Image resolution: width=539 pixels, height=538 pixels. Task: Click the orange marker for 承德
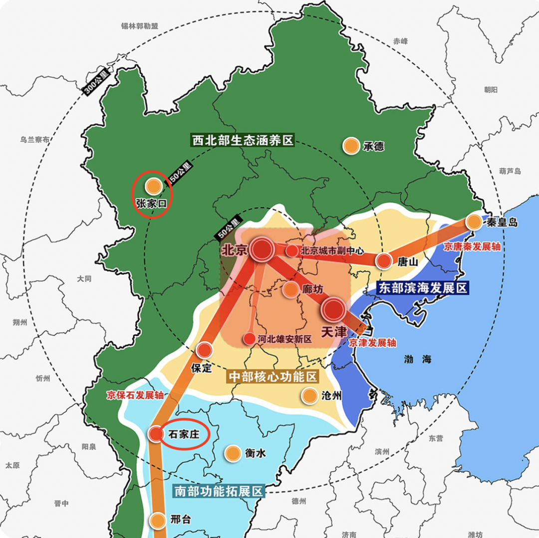pyautogui.click(x=351, y=146)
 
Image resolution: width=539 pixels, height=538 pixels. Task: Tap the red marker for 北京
pyautogui.click(x=262, y=249)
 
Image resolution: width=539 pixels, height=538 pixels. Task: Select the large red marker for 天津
pyautogui.click(x=333, y=309)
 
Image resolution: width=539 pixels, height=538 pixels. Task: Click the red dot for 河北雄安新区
pyautogui.click(x=249, y=339)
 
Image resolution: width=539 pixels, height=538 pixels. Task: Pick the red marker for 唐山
pyautogui.click(x=383, y=261)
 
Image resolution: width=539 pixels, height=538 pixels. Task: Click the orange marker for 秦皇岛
pyautogui.click(x=474, y=222)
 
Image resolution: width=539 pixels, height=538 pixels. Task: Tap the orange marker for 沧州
pyautogui.click(x=309, y=396)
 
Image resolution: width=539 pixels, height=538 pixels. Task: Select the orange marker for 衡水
pyautogui.click(x=232, y=453)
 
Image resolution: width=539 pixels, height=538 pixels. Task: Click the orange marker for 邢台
pyautogui.click(x=158, y=520)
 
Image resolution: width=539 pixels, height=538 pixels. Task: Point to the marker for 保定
pyautogui.click(x=204, y=350)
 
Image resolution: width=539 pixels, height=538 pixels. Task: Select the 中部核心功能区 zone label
pyautogui.click(x=273, y=376)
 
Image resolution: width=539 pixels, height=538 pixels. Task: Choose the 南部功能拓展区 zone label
pyautogui.click(x=218, y=491)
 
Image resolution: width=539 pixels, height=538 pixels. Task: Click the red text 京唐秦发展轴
pyautogui.click(x=472, y=247)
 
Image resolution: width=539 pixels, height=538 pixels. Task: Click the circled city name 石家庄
pyautogui.click(x=184, y=434)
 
